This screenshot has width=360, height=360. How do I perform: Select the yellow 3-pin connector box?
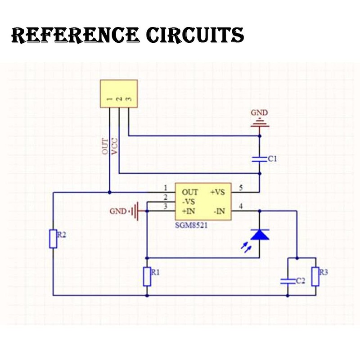click(x=118, y=94)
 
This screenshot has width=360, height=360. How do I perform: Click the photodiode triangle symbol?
click(x=260, y=234)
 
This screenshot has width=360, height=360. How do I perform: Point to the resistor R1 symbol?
click(x=147, y=276)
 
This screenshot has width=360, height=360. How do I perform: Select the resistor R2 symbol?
click(x=54, y=238)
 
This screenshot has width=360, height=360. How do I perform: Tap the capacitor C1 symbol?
click(x=260, y=159)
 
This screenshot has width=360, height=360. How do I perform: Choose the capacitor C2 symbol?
click(x=287, y=281)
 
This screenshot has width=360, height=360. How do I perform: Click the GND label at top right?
click(x=259, y=112)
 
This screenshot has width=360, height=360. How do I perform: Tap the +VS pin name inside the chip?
click(x=217, y=192)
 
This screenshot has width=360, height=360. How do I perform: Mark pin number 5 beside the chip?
click(x=241, y=188)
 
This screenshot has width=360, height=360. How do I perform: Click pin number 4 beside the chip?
click(x=241, y=207)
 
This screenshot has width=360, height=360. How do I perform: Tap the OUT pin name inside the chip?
click(x=189, y=192)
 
